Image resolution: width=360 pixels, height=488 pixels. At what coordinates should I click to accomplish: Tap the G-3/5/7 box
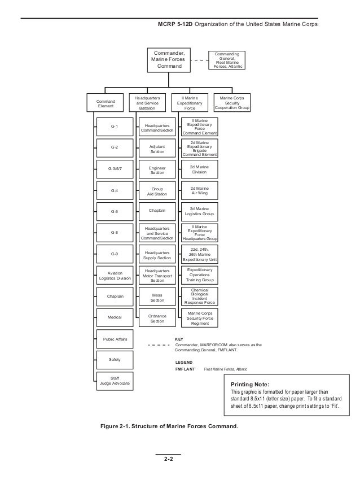point(115,169)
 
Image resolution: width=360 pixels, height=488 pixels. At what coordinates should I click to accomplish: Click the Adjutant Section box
point(157,149)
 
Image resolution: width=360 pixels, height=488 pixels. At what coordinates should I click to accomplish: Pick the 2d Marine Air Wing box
point(199,190)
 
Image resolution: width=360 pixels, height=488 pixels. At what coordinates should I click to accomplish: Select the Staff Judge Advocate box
point(115,380)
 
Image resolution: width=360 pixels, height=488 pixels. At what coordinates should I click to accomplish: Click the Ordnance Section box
point(157,319)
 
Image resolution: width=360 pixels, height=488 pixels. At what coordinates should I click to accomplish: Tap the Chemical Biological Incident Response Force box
point(199,296)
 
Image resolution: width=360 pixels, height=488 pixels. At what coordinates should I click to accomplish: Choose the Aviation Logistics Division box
point(115,275)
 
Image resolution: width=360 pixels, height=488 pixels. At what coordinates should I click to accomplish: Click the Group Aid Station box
point(157,190)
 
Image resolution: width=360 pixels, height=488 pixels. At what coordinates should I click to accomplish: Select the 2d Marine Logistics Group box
point(199,211)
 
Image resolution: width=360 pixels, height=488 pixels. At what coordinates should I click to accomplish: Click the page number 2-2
point(168,459)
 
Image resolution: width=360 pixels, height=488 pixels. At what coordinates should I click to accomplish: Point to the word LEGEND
point(184,361)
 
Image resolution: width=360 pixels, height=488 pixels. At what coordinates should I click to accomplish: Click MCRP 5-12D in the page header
point(175,25)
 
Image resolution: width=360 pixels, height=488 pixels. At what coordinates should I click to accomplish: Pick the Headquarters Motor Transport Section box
point(157,275)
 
